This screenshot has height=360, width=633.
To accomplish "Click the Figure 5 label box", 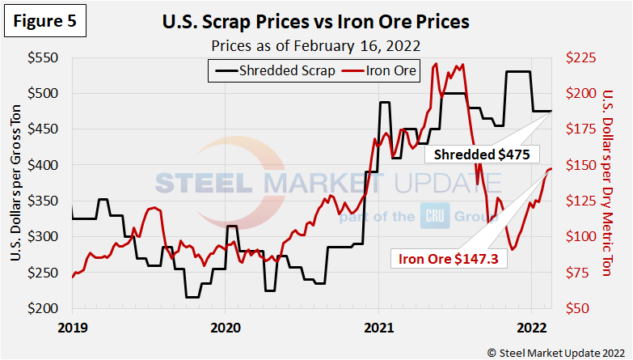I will (x=45, y=22).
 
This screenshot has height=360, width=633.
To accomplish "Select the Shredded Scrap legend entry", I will (x=275, y=71).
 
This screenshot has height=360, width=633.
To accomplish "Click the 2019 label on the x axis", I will (x=73, y=328).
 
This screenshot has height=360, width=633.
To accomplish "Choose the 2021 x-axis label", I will (x=378, y=328).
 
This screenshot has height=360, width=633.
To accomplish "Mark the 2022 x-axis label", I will (x=531, y=328).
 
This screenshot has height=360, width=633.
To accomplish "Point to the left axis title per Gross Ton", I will (x=16, y=184).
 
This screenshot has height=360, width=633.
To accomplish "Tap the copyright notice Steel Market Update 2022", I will (x=556, y=351).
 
